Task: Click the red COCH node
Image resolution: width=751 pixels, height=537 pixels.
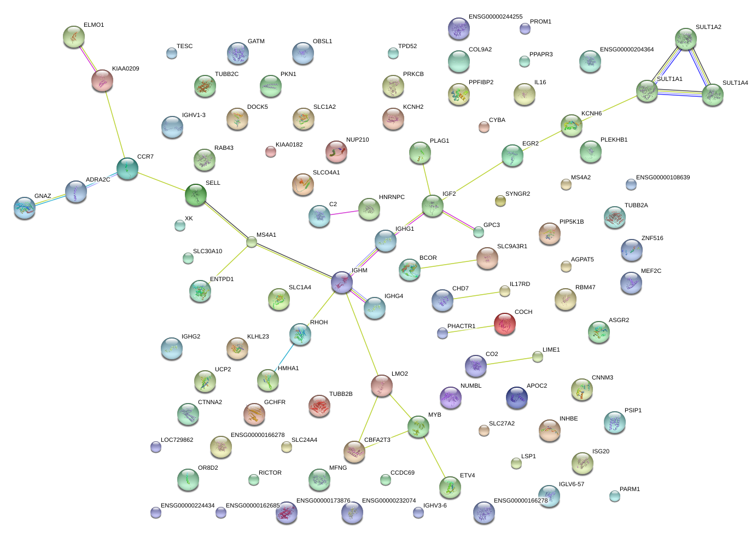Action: tap(504, 324)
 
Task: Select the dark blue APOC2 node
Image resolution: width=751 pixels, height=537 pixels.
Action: tap(517, 398)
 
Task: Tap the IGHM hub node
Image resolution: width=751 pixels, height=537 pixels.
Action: tap(342, 282)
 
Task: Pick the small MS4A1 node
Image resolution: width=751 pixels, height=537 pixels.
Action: tap(252, 242)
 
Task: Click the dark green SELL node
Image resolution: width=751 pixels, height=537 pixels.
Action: tap(196, 195)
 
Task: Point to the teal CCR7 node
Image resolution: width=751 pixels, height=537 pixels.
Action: tap(127, 168)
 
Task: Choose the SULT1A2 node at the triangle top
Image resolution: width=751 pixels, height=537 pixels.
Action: tap(685, 39)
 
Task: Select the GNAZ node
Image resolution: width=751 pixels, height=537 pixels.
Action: tap(25, 208)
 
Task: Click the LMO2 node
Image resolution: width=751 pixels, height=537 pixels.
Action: tap(382, 386)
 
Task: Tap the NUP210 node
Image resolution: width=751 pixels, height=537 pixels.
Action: tap(336, 151)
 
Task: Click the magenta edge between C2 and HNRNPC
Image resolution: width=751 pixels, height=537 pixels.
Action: tap(344, 213)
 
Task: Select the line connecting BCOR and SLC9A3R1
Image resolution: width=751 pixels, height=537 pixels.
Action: tap(449, 264)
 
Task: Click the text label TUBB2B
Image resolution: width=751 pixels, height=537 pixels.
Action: tap(341, 394)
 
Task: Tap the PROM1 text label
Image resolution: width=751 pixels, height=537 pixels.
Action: tap(540, 21)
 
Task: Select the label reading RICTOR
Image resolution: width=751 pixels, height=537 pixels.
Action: tap(270, 472)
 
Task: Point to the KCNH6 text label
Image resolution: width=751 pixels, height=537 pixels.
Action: tap(591, 113)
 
